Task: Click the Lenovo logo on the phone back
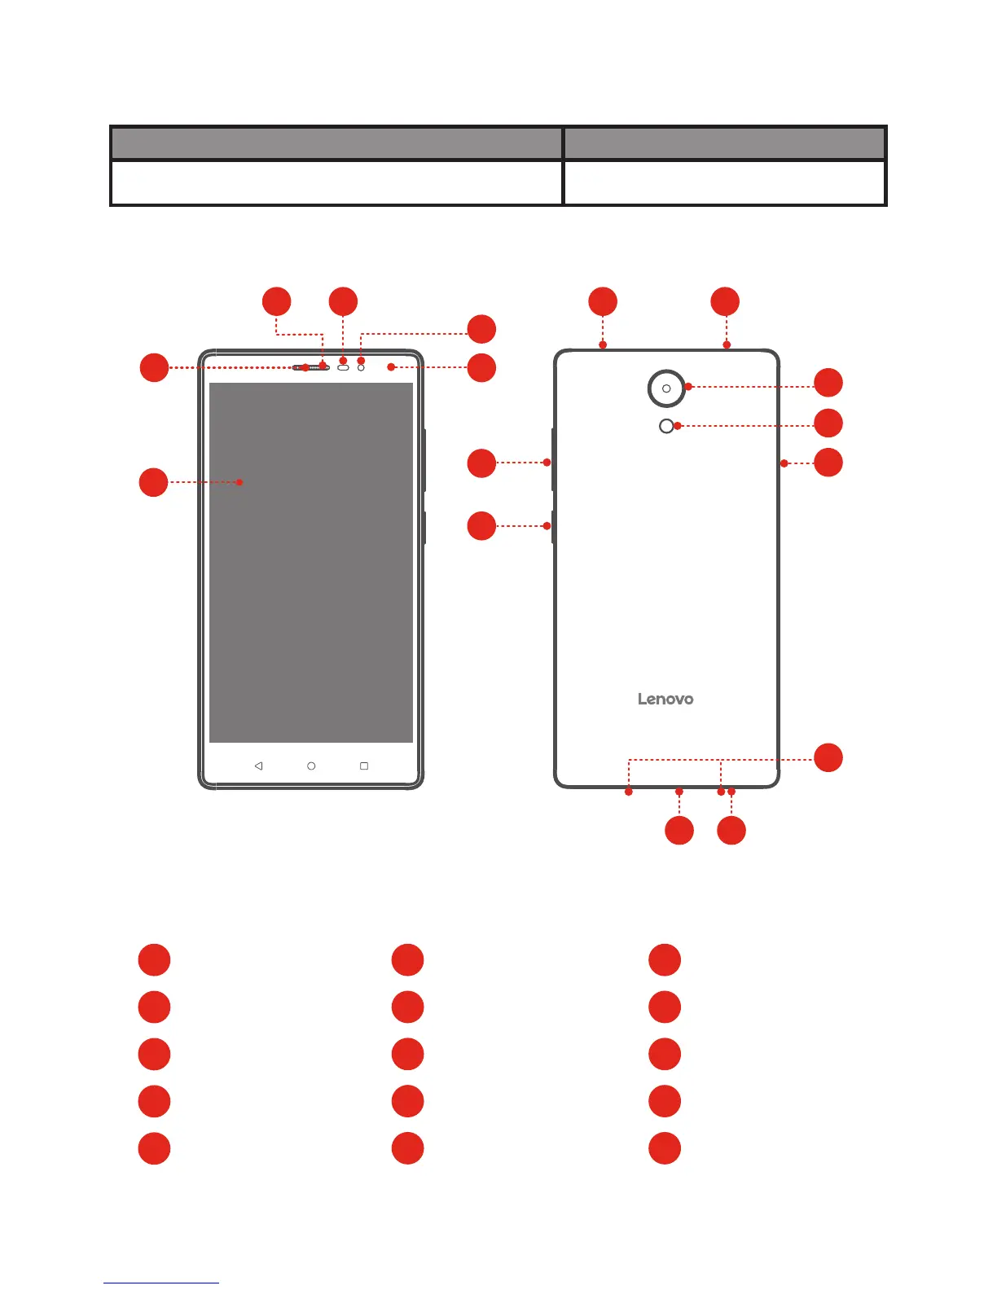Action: (x=665, y=699)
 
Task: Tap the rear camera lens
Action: (x=666, y=388)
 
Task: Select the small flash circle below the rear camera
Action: (x=666, y=426)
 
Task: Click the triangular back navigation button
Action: (x=258, y=766)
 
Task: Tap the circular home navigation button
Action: (x=311, y=766)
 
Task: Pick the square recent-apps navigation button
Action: (x=364, y=766)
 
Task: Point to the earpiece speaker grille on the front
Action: (x=310, y=367)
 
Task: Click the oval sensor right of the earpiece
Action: (x=343, y=368)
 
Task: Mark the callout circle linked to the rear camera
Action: (x=828, y=383)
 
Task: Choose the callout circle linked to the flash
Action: (x=828, y=423)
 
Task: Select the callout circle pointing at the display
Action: (x=153, y=482)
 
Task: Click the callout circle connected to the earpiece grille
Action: (x=153, y=367)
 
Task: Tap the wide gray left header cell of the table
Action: (x=336, y=143)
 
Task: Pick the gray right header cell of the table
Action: (x=724, y=143)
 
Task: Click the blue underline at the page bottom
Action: (x=161, y=1283)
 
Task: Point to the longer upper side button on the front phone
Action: (x=424, y=460)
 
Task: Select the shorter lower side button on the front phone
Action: (x=424, y=528)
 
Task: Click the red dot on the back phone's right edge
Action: (x=784, y=463)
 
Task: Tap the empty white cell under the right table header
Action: (x=724, y=182)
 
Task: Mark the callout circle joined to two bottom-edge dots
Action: (x=828, y=757)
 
